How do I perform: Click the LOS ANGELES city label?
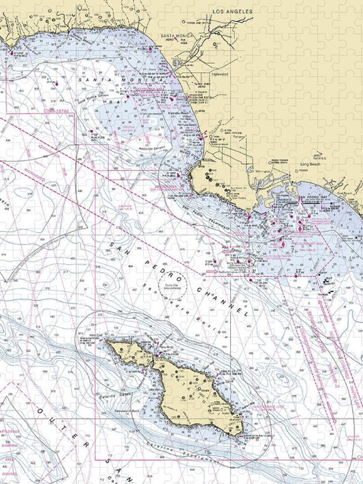(x=232, y=12)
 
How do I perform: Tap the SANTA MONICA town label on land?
(x=174, y=35)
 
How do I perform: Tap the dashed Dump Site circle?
(x=170, y=278)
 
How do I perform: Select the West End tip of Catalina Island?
(x=107, y=342)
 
